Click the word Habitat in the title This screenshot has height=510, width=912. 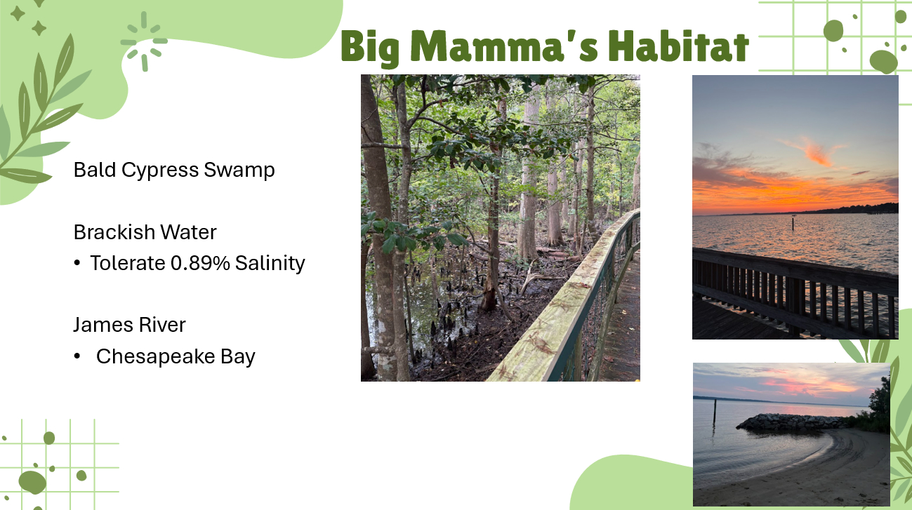(x=679, y=46)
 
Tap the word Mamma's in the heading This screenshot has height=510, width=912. (x=504, y=46)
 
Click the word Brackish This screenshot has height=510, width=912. (x=114, y=232)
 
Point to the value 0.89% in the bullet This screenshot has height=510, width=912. (x=200, y=263)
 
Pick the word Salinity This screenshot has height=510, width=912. (x=270, y=264)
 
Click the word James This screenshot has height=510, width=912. (x=103, y=325)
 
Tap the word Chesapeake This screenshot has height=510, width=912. (x=156, y=356)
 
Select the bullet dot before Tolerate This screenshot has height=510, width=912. (x=77, y=263)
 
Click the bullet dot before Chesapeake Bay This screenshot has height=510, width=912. (x=77, y=356)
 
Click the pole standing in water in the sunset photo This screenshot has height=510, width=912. (x=793, y=224)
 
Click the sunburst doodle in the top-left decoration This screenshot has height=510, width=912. (x=144, y=41)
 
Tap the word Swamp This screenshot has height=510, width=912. (x=239, y=170)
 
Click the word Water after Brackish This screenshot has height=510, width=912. (x=188, y=232)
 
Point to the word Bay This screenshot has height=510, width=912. (x=238, y=357)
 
